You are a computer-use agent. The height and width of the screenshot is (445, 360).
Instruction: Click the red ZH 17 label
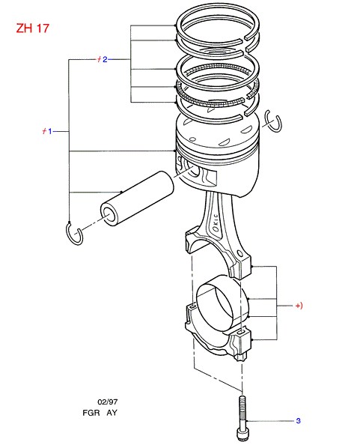33,28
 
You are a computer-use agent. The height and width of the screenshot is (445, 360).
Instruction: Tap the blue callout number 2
105,59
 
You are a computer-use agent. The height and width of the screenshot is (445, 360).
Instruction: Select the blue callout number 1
50,131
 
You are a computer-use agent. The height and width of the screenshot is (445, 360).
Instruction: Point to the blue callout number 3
298,420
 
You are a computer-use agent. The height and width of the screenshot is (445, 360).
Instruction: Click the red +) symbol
299,306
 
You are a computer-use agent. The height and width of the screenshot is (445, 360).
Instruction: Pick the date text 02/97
108,402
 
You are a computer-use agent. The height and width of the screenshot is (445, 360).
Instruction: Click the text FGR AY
100,413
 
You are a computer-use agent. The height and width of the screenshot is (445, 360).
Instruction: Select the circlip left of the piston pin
74,234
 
